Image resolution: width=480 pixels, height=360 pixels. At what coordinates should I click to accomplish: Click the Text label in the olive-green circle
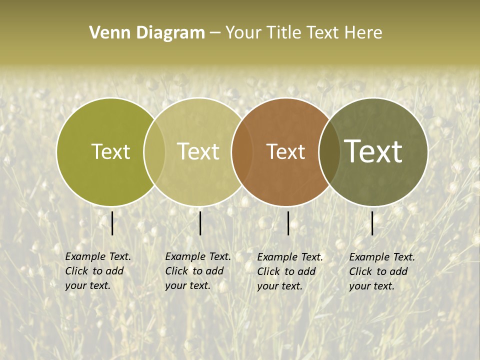coord(110,151)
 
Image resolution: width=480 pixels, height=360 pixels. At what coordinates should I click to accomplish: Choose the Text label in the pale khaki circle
coord(198,151)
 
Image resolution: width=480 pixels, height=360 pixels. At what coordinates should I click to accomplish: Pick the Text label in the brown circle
coord(285,151)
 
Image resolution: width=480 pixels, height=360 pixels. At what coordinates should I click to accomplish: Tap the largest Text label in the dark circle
coord(373,151)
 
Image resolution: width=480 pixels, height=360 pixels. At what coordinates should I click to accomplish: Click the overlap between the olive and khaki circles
coord(154,151)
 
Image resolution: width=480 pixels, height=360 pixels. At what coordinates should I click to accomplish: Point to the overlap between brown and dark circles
coord(329,151)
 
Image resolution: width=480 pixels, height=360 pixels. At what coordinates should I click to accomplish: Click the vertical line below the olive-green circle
coord(112,223)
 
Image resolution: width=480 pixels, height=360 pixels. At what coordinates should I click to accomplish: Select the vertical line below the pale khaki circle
coord(200,223)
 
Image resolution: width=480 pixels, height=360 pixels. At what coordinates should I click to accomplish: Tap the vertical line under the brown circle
coord(288,223)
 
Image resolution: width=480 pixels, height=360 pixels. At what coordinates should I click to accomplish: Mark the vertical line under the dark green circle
coord(372,223)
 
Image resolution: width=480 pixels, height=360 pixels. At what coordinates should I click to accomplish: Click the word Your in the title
coord(243,33)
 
